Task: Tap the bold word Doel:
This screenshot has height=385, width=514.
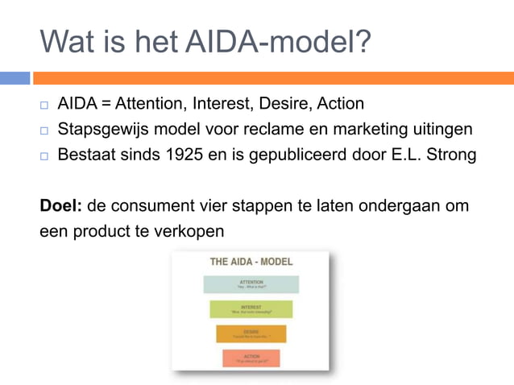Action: pyautogui.click(x=61, y=205)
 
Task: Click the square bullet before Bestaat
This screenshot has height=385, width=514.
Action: pyautogui.click(x=45, y=155)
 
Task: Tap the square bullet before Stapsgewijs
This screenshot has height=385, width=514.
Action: pyautogui.click(x=45, y=130)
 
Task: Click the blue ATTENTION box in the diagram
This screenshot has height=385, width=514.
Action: pyautogui.click(x=251, y=284)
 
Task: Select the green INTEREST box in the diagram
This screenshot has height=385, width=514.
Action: pyautogui.click(x=251, y=309)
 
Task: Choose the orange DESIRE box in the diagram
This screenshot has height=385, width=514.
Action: pyautogui.click(x=251, y=333)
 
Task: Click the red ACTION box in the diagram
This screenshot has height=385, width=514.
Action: pyautogui.click(x=251, y=358)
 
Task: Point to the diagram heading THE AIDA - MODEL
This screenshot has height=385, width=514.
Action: pyautogui.click(x=251, y=262)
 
